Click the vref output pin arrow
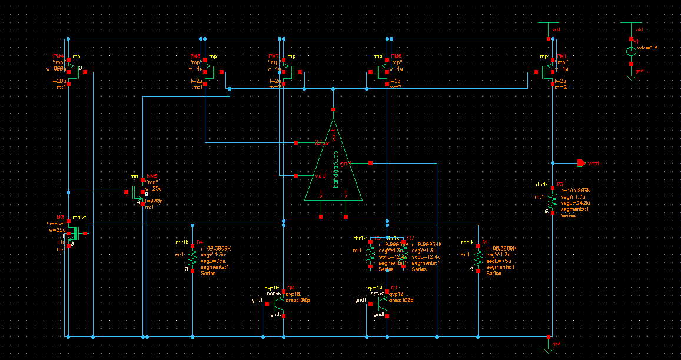point(580,163)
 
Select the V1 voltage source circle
point(630,52)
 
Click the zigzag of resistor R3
point(552,199)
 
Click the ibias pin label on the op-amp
point(321,142)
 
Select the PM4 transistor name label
point(58,56)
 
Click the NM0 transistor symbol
point(139,192)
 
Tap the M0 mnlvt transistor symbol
point(72,234)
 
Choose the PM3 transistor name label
point(195,56)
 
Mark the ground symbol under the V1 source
point(630,76)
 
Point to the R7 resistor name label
point(411,238)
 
